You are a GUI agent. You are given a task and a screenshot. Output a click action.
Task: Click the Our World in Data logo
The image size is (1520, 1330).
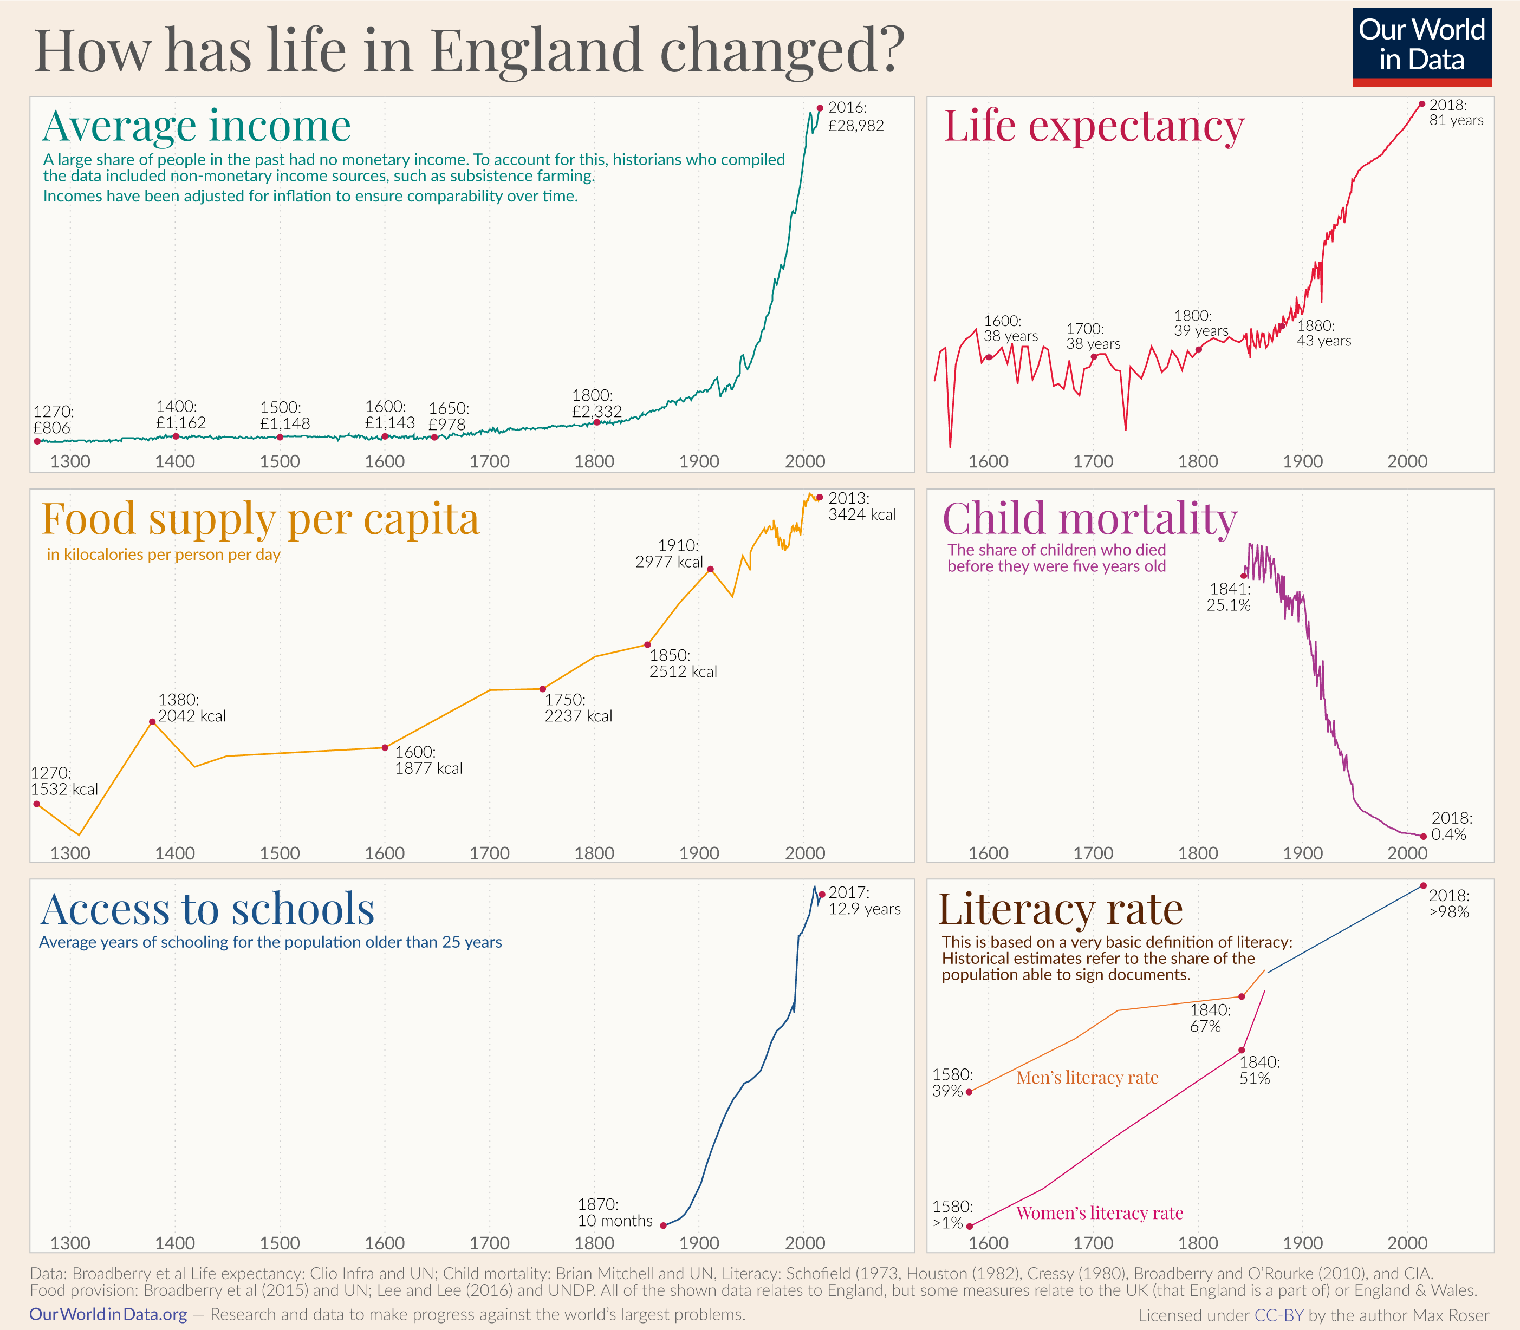pyautogui.click(x=1421, y=46)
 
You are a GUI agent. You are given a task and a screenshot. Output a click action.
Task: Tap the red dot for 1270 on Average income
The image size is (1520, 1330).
pyautogui.click(x=37, y=441)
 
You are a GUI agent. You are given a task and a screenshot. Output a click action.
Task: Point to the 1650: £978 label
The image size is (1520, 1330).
pyautogui.click(x=448, y=416)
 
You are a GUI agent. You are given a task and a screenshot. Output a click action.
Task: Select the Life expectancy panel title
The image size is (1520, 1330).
pyautogui.click(x=1093, y=126)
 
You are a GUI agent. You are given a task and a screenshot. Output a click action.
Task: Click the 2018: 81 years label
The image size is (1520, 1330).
pyautogui.click(x=1456, y=113)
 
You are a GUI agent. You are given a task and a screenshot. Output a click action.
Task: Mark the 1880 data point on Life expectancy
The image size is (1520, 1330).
pyautogui.click(x=1282, y=326)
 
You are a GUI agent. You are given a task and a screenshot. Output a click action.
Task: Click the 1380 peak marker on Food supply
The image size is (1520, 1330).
pyautogui.click(x=152, y=721)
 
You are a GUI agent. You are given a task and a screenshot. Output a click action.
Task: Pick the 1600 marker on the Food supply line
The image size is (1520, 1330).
pyautogui.click(x=385, y=747)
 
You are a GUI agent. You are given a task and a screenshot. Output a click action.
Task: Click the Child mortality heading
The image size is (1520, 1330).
pyautogui.click(x=1089, y=518)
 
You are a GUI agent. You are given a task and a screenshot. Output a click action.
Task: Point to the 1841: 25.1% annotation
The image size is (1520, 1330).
pyautogui.click(x=1229, y=597)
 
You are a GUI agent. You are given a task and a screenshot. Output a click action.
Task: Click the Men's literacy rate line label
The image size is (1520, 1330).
pyautogui.click(x=1087, y=1077)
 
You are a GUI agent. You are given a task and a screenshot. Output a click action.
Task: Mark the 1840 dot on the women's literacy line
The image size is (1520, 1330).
pyautogui.click(x=1242, y=1050)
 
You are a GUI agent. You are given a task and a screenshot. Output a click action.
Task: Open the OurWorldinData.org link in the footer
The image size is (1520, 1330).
pyautogui.click(x=108, y=1314)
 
